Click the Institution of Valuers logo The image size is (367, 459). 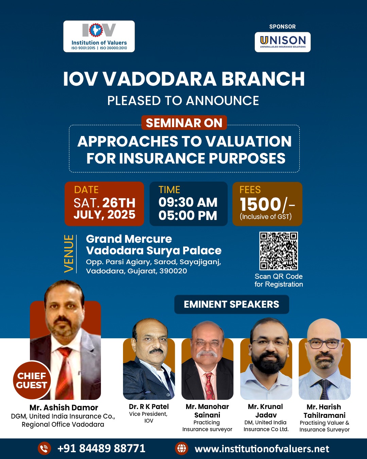pos(99,36)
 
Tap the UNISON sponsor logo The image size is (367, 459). pos(282,42)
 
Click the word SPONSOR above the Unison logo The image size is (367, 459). pos(282,27)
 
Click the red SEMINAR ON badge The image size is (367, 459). pos(184,123)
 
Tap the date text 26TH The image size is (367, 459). pos(119,203)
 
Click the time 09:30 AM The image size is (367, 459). pos(188,202)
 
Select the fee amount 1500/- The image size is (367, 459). pos(267,204)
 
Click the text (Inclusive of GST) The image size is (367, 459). pos(266,217)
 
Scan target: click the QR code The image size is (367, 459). pos(279,251)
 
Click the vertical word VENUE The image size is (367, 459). pos(69,254)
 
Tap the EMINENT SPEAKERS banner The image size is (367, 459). pos(232,304)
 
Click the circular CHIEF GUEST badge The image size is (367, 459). pos(32,380)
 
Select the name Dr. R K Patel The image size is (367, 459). pos(149,407)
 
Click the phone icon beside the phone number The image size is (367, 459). pos(45,448)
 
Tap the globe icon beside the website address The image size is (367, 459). pos(182,448)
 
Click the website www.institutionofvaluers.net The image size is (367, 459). pos(262,449)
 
